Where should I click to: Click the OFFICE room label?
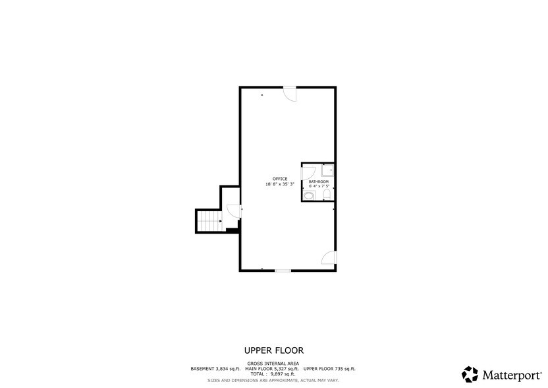[279, 179]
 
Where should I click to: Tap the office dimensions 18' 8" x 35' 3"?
[279, 184]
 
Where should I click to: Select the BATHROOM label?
[318, 181]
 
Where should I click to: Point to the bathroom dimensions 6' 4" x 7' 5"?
[319, 186]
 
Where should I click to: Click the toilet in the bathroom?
[327, 195]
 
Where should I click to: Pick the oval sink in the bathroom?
[308, 196]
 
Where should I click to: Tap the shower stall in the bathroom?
[327, 170]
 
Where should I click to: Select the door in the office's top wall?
[290, 94]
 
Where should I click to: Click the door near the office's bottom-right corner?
[329, 257]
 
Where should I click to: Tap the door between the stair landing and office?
[233, 211]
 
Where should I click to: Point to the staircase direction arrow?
[220, 221]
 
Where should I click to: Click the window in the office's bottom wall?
[283, 271]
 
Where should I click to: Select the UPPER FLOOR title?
[273, 350]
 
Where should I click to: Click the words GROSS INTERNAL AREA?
[273, 364]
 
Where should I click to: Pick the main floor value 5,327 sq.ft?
[287, 369]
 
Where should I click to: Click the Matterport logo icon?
[470, 374]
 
